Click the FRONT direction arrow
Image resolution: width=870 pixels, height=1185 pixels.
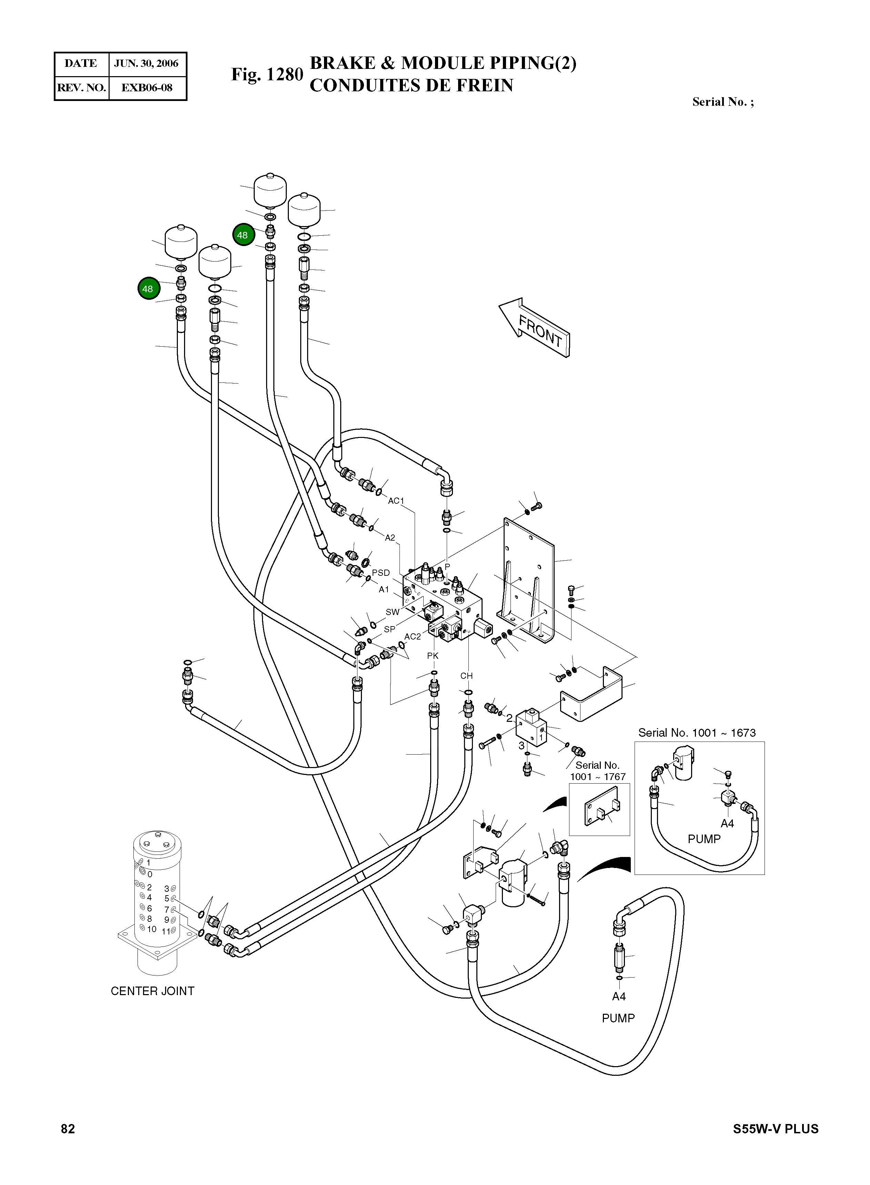coord(535,327)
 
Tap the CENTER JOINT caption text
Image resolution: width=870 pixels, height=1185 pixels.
coord(152,991)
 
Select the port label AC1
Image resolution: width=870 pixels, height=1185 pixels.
coord(395,501)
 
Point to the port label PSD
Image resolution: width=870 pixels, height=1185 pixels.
coord(381,573)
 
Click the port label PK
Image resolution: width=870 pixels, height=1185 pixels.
coord(432,655)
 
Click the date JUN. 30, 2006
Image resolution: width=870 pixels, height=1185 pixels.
coord(146,64)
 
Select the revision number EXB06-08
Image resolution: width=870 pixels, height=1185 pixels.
coord(146,88)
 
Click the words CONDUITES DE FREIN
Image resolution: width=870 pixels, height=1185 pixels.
coord(411,85)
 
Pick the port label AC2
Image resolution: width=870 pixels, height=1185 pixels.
coord(412,636)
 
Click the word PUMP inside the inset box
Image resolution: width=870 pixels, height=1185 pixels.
coord(704,839)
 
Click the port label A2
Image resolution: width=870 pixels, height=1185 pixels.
coord(390,538)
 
